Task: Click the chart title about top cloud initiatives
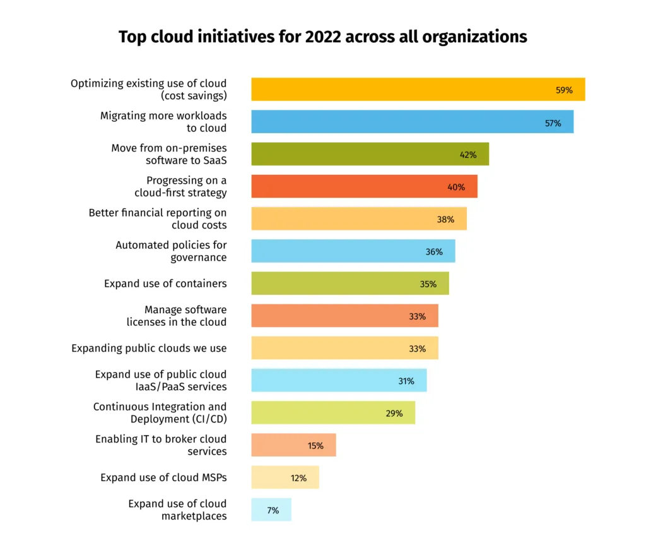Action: pyautogui.click(x=322, y=37)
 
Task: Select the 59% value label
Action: pyautogui.click(x=564, y=90)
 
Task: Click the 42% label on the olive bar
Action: pyautogui.click(x=468, y=155)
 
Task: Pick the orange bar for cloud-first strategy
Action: pyautogui.click(x=364, y=187)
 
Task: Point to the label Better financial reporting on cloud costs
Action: pyautogui.click(x=158, y=219)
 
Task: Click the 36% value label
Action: pyautogui.click(x=434, y=252)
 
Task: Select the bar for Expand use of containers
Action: pyautogui.click(x=349, y=283)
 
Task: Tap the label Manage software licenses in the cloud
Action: pyautogui.click(x=177, y=316)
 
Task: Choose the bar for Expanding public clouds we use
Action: pyautogui.click(x=344, y=348)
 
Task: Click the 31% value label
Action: pyautogui.click(x=406, y=381)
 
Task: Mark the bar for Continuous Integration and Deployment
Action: pyautogui.click(x=333, y=413)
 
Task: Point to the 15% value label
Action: pyautogui.click(x=315, y=446)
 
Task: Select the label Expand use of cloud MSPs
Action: pyautogui.click(x=163, y=477)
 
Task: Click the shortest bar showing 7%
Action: pyautogui.click(x=271, y=510)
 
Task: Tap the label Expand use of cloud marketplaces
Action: pyautogui.click(x=177, y=510)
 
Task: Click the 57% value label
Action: pyautogui.click(x=553, y=123)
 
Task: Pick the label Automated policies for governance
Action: pyautogui.click(x=171, y=251)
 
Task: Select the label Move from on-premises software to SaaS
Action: pyautogui.click(x=169, y=154)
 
